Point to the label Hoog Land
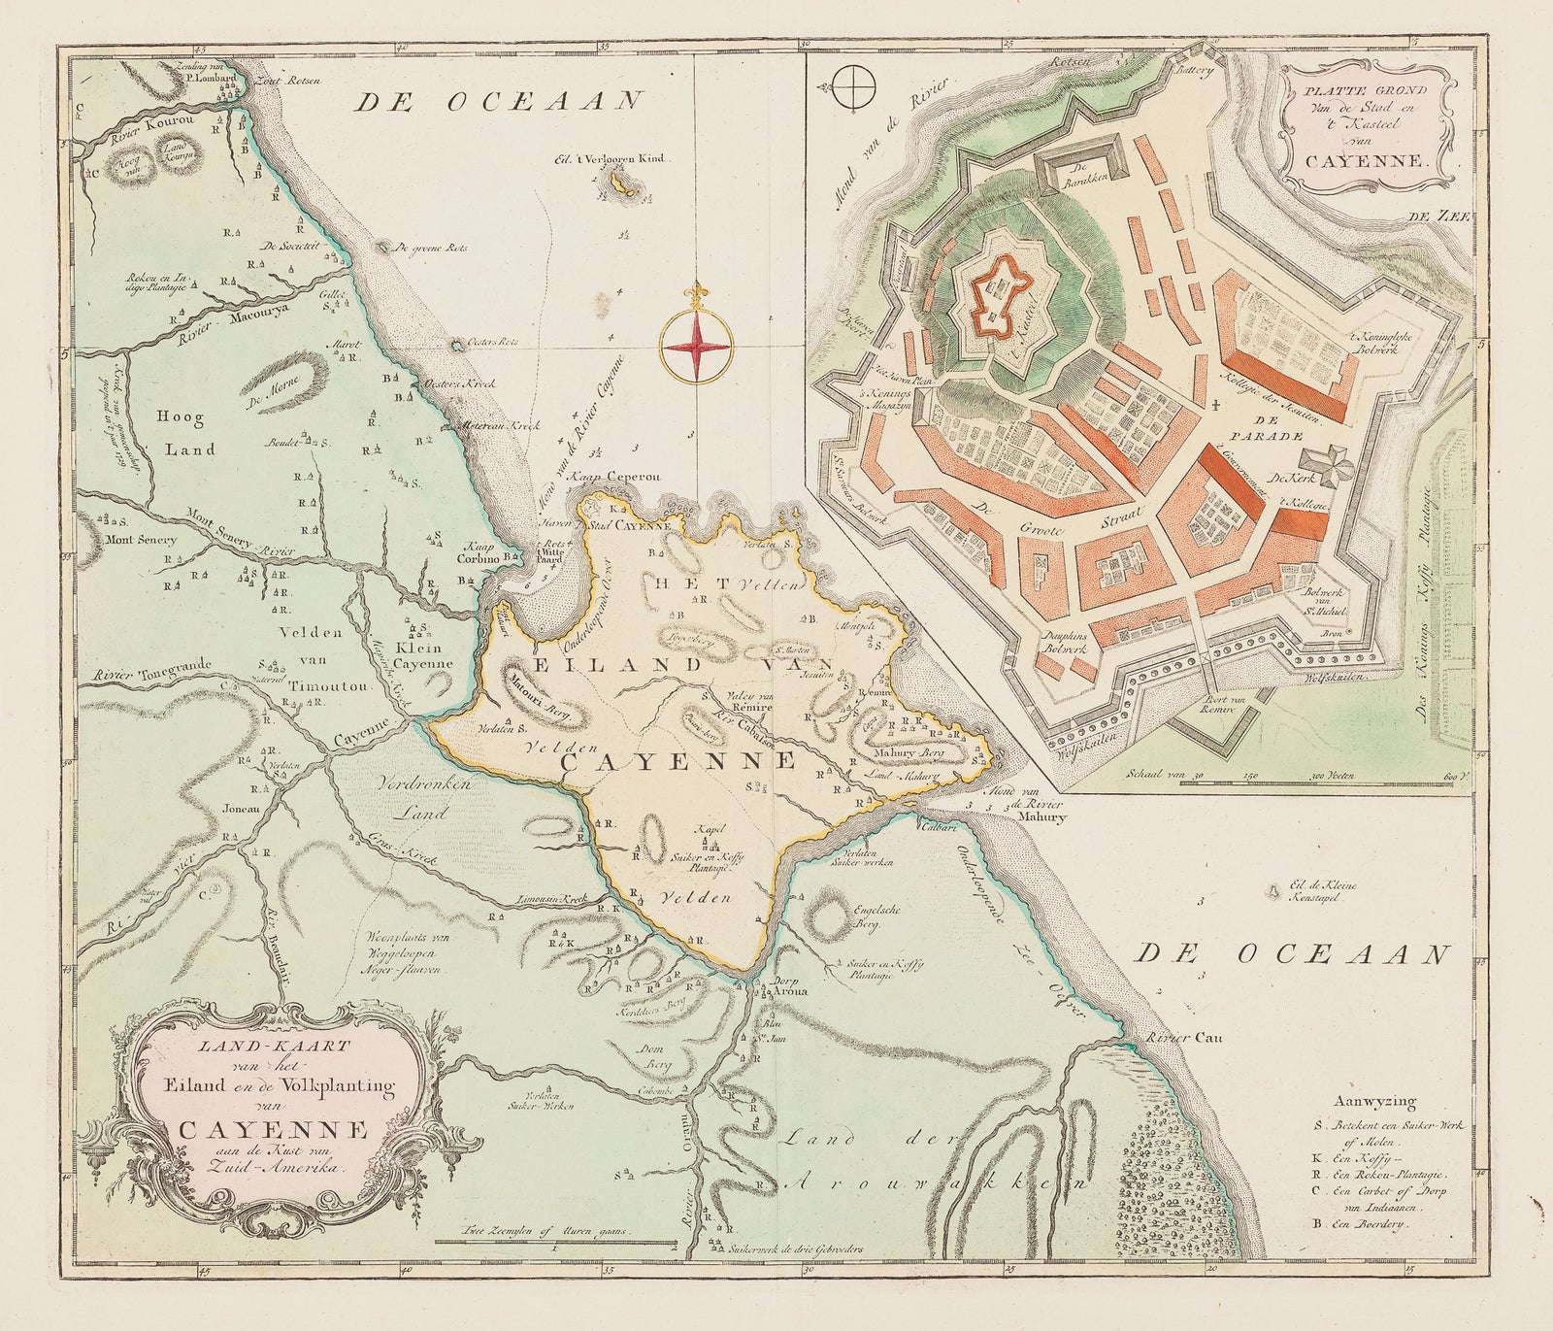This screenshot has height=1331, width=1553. pos(183,434)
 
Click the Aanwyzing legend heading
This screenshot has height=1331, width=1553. pos(1375,1102)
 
